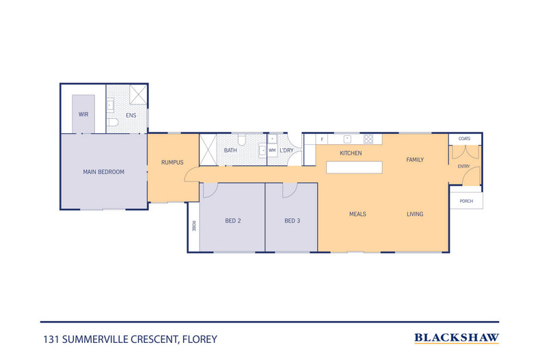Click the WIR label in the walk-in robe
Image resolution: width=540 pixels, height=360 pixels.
[83, 115]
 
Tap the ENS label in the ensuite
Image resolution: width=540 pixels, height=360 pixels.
[131, 115]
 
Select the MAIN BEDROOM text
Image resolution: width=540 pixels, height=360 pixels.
[103, 172]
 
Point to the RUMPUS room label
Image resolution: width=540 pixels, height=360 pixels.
[172, 162]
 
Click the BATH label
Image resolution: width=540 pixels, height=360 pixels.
[230, 150]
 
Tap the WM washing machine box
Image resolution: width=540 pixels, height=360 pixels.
[272, 150]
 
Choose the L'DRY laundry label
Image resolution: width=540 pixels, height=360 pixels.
[286, 150]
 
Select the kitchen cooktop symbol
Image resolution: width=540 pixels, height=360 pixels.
[367, 139]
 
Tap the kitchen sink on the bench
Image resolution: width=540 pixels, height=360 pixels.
[347, 139]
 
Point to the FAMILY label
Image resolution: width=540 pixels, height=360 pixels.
[415, 160]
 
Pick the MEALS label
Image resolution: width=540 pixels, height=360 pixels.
[357, 214]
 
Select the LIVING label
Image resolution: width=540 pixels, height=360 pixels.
[415, 214]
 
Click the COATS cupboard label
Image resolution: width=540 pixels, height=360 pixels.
[464, 139]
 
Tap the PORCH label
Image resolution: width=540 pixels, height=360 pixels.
[466, 201]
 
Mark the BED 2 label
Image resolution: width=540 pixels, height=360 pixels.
[233, 220]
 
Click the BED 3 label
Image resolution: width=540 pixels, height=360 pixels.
[292, 220]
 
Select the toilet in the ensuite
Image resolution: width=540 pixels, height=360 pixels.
[113, 122]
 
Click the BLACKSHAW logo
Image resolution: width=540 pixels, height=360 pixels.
[457, 337]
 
